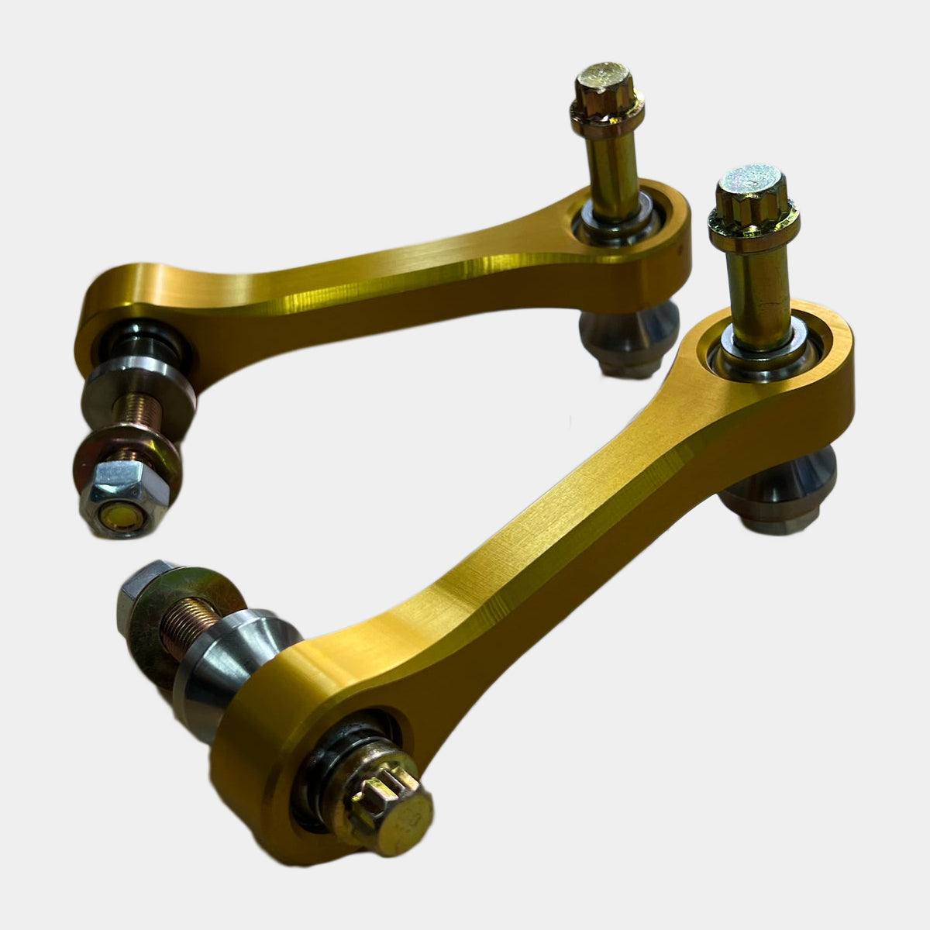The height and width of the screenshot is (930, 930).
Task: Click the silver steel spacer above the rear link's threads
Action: click(x=136, y=384)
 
